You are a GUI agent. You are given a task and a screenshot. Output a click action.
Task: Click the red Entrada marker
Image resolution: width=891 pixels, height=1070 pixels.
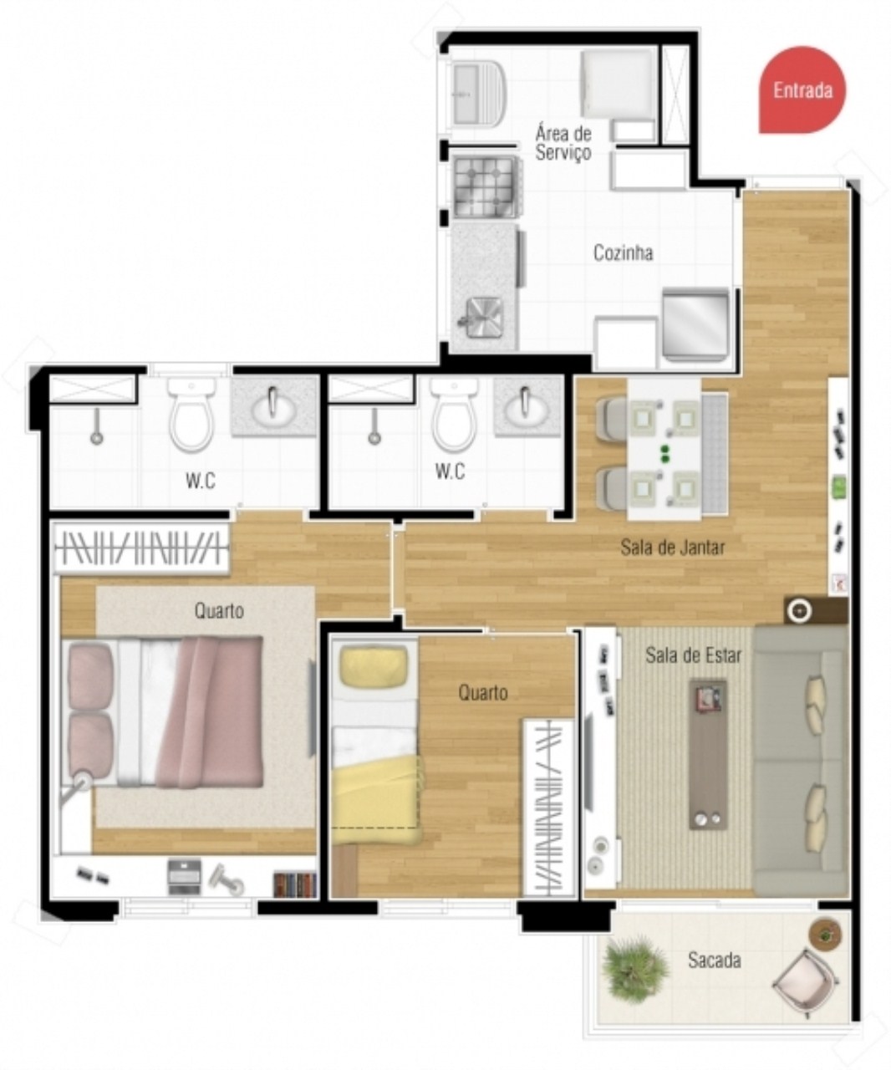point(801,89)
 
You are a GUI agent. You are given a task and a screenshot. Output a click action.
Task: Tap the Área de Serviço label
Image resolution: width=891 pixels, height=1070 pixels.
point(563,143)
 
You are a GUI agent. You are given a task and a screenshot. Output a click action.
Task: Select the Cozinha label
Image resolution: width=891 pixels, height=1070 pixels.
point(623,252)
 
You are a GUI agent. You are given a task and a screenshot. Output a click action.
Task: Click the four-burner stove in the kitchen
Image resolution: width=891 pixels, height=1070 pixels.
point(484,185)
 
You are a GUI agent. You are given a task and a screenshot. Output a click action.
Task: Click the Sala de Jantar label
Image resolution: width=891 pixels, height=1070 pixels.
point(672,548)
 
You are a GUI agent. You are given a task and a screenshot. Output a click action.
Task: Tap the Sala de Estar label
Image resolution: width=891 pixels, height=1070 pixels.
point(693,655)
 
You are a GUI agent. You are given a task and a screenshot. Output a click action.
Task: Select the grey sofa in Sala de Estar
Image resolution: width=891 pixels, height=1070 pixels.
point(800,761)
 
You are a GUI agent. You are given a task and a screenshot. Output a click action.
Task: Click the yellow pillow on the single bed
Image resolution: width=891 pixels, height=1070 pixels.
point(373,665)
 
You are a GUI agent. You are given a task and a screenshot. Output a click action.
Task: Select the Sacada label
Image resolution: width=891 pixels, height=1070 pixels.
point(714,960)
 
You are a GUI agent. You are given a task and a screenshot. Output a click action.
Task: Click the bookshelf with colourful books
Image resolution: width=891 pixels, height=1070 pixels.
point(294,884)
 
